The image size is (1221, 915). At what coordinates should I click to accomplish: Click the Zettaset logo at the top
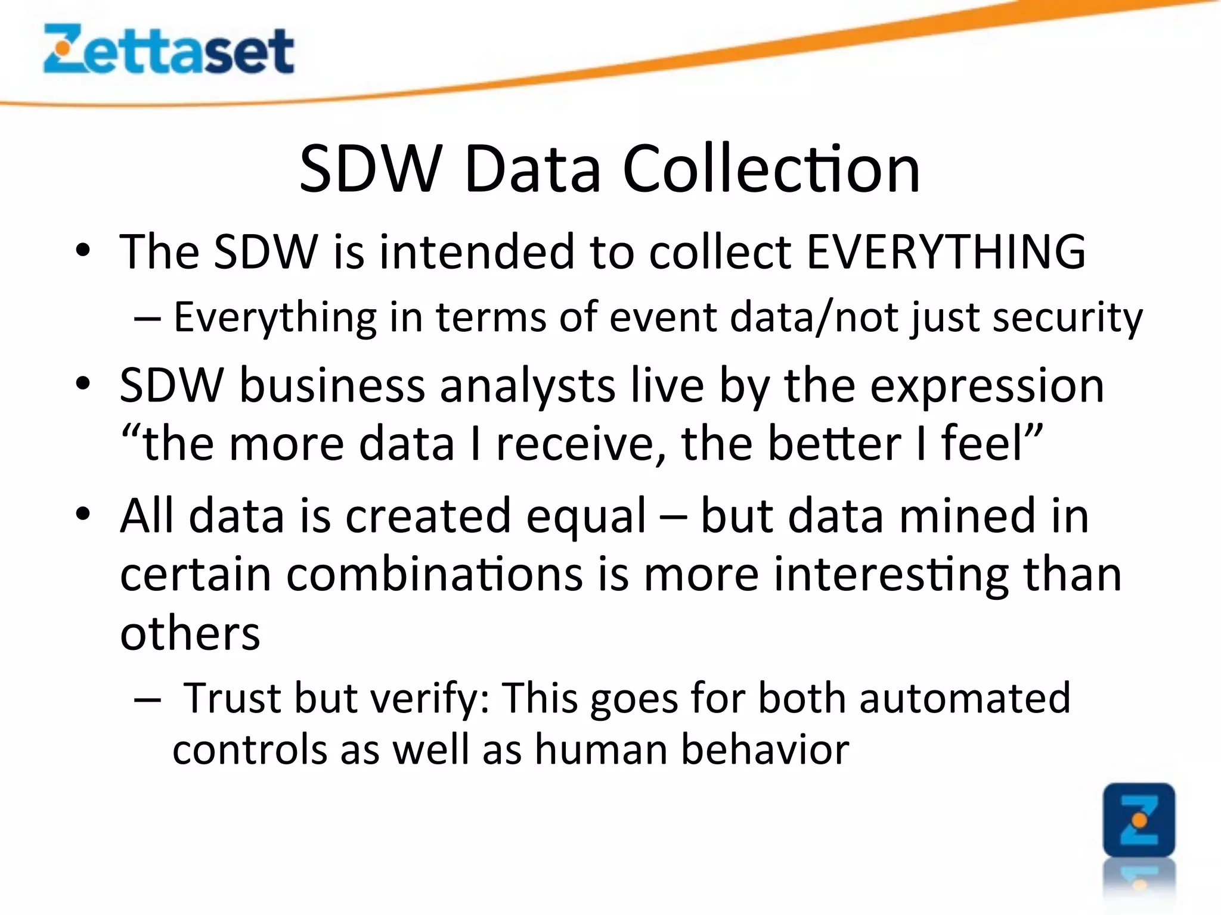tap(168, 49)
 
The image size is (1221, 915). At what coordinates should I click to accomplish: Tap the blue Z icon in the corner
tap(1139, 820)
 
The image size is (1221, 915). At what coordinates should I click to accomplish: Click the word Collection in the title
tap(771, 169)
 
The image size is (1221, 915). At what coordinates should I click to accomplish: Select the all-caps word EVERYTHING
tap(946, 251)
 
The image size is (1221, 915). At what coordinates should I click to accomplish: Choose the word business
tap(332, 385)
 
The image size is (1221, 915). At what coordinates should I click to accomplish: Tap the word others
tap(190, 633)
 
